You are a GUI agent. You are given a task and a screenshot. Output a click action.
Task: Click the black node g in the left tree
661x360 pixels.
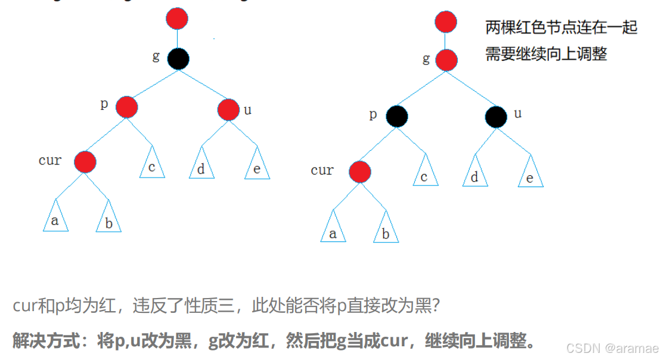pyautogui.click(x=178, y=58)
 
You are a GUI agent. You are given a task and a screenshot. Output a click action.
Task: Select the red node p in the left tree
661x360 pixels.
pyautogui.click(x=127, y=107)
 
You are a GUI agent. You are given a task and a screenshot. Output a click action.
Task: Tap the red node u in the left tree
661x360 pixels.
pyautogui.click(x=228, y=110)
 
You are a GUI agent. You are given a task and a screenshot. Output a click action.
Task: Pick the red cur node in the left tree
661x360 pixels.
pyautogui.click(x=85, y=161)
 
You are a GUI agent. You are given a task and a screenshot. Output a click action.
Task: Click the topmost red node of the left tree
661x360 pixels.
pyautogui.click(x=177, y=20)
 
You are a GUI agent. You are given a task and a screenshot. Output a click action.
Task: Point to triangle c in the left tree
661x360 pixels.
pyautogui.click(x=152, y=164)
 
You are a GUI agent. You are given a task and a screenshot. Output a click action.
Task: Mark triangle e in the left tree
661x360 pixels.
pyautogui.click(x=257, y=166)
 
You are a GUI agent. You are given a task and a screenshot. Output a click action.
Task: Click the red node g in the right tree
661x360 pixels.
pyautogui.click(x=446, y=60)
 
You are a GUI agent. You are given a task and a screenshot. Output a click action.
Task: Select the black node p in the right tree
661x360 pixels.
pyautogui.click(x=396, y=116)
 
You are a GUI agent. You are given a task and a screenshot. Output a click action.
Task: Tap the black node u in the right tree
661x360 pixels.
pyautogui.click(x=496, y=117)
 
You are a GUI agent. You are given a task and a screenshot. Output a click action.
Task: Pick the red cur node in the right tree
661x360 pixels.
pyautogui.click(x=359, y=172)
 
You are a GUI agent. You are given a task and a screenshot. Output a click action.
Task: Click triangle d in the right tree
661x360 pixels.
pyautogui.click(x=474, y=173)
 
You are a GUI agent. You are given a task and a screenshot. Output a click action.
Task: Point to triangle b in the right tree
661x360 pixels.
pyautogui.click(x=386, y=230)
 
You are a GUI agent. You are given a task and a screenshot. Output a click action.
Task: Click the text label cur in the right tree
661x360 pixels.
pyautogui.click(x=322, y=170)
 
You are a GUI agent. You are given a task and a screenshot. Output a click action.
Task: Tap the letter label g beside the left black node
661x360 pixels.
pyautogui.click(x=156, y=56)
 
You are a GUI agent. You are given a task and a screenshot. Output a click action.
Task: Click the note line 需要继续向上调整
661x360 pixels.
pyautogui.click(x=546, y=54)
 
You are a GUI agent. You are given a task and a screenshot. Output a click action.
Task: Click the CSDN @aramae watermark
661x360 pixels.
pyautogui.click(x=612, y=347)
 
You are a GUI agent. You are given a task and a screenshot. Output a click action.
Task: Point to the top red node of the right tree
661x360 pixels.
pyautogui.click(x=446, y=22)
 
